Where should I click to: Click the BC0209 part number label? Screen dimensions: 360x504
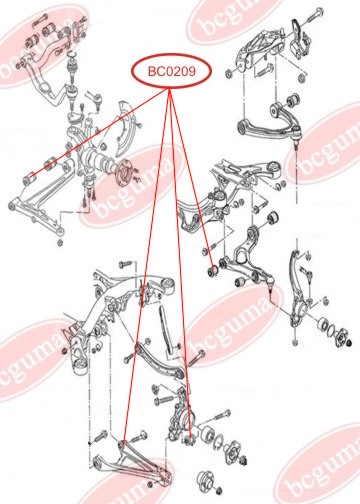[172, 71]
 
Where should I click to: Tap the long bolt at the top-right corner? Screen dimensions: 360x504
[314, 15]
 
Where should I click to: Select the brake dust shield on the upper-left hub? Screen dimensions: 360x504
[126, 128]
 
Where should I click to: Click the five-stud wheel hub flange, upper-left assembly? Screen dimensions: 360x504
[125, 174]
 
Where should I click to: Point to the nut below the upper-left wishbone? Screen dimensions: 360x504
[60, 243]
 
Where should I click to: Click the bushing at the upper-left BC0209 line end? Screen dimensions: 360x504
[30, 177]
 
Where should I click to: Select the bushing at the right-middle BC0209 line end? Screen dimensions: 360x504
[212, 271]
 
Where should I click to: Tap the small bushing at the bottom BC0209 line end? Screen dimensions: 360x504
[189, 441]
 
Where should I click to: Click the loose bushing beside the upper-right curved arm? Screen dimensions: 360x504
[294, 99]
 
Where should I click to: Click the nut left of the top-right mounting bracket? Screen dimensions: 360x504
[229, 74]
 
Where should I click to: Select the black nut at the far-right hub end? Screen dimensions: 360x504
[349, 342]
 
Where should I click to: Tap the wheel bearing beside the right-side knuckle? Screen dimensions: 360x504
[323, 324]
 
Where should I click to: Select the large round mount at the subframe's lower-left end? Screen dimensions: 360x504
[81, 366]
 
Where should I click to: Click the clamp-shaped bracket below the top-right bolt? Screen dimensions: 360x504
[299, 37]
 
